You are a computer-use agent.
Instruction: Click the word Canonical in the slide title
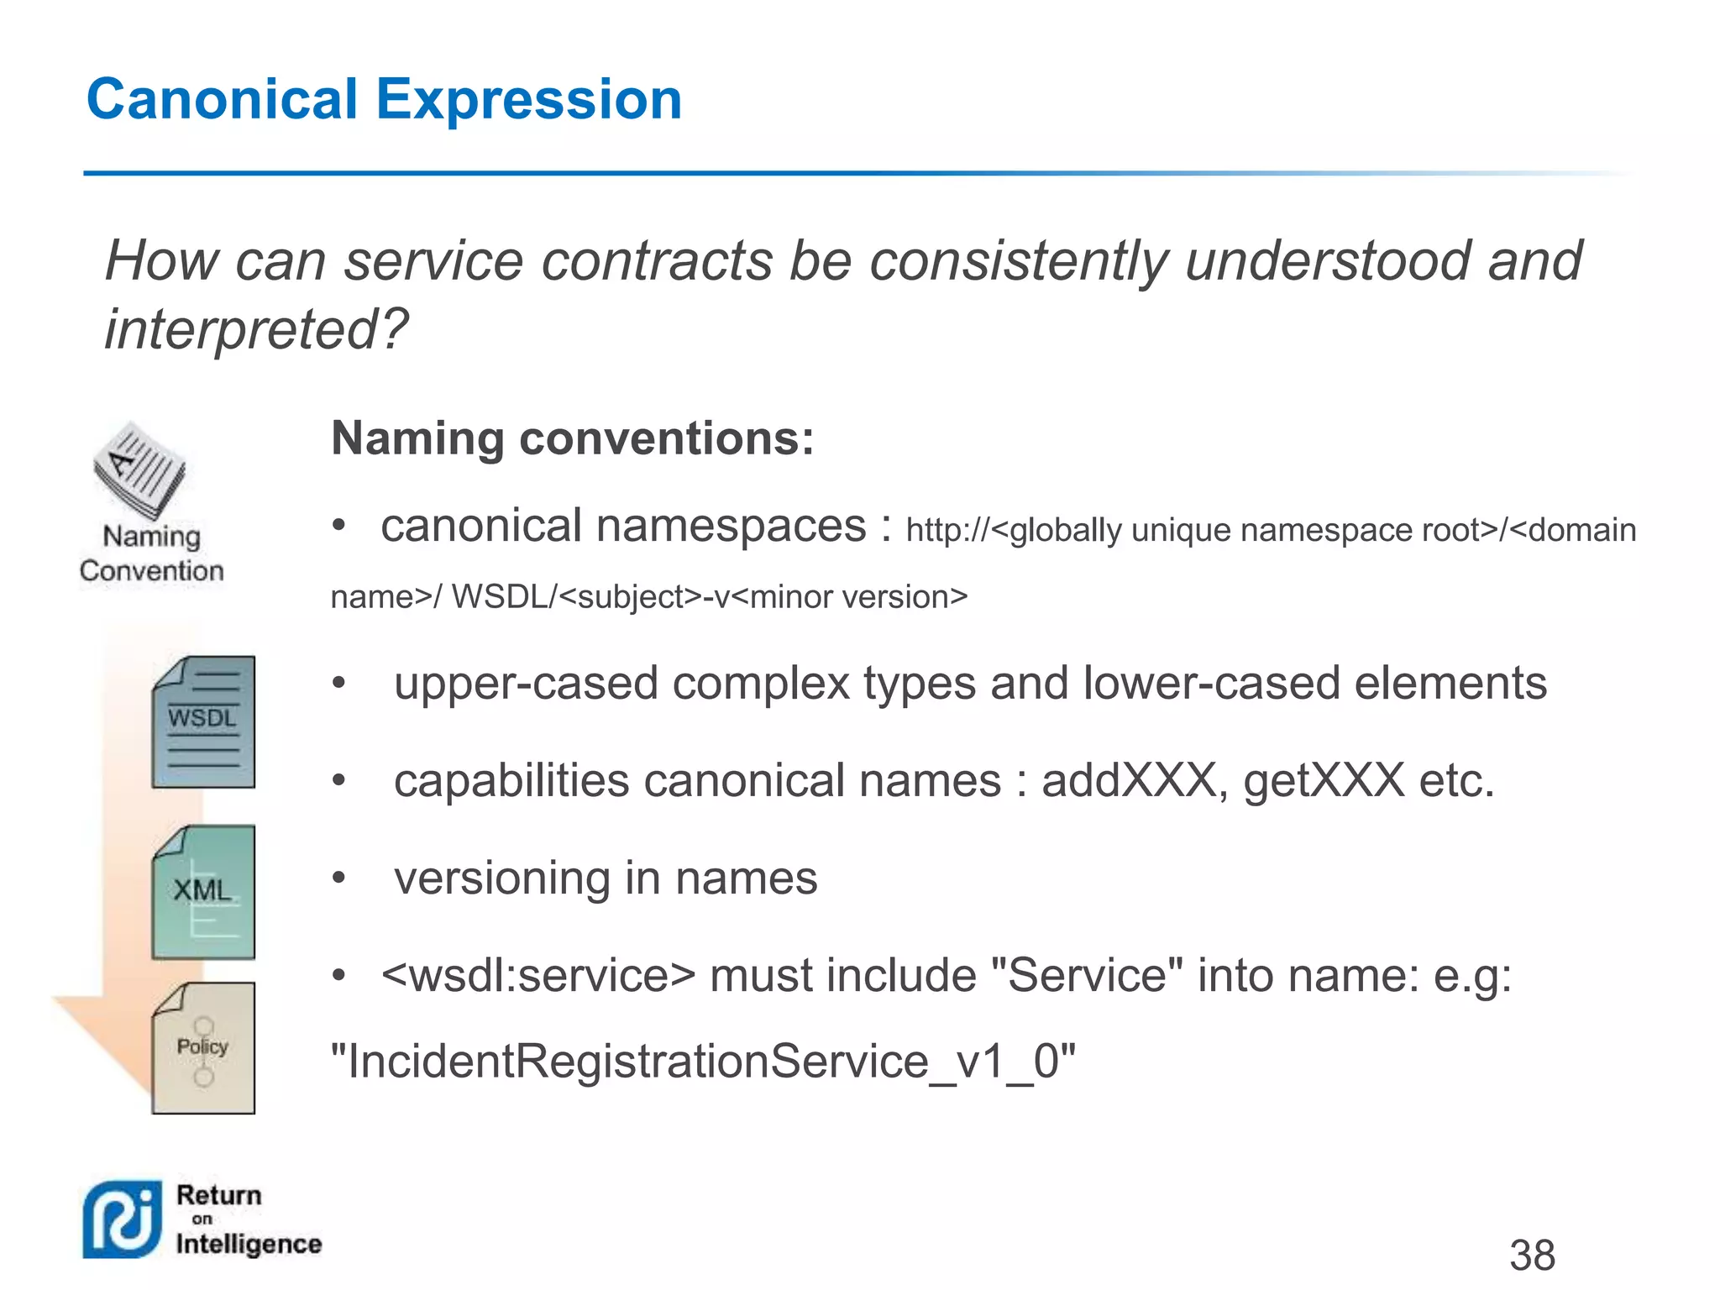222,99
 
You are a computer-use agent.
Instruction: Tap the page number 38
1532,1256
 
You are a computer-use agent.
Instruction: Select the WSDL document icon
203,722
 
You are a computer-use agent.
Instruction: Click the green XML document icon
203,892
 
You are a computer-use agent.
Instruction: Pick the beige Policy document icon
203,1048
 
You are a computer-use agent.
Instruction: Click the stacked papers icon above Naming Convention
139,470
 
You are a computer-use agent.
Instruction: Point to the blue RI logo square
123,1219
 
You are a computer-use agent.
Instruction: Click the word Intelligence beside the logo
249,1244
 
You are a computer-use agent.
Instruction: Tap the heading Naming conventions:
573,438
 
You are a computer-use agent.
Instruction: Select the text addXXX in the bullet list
1129,781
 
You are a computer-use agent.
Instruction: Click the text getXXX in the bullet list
1324,781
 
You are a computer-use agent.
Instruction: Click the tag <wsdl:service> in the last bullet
538,976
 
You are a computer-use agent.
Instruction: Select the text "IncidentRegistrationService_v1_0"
703,1062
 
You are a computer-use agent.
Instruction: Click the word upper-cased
526,683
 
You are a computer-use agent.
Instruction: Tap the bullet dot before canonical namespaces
338,527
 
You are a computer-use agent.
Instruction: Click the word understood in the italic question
1326,260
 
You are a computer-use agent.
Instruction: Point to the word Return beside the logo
219,1195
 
